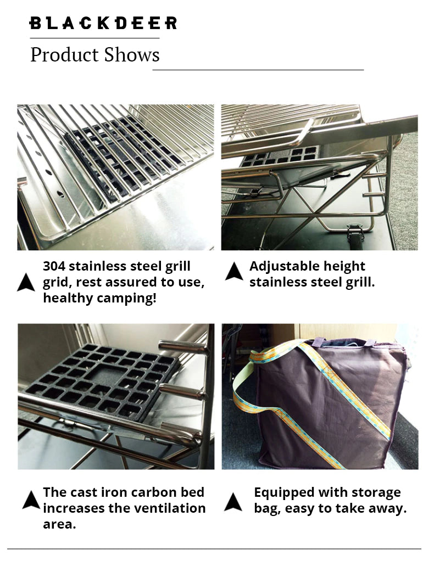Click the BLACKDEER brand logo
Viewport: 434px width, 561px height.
(x=103, y=23)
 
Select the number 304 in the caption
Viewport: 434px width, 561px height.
(x=54, y=266)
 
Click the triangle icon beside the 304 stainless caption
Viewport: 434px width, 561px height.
(x=26, y=282)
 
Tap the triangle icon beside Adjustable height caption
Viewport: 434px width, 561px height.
(x=234, y=271)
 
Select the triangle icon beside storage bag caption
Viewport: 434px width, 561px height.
(x=233, y=502)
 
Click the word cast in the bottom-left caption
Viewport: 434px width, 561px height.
(x=82, y=492)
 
